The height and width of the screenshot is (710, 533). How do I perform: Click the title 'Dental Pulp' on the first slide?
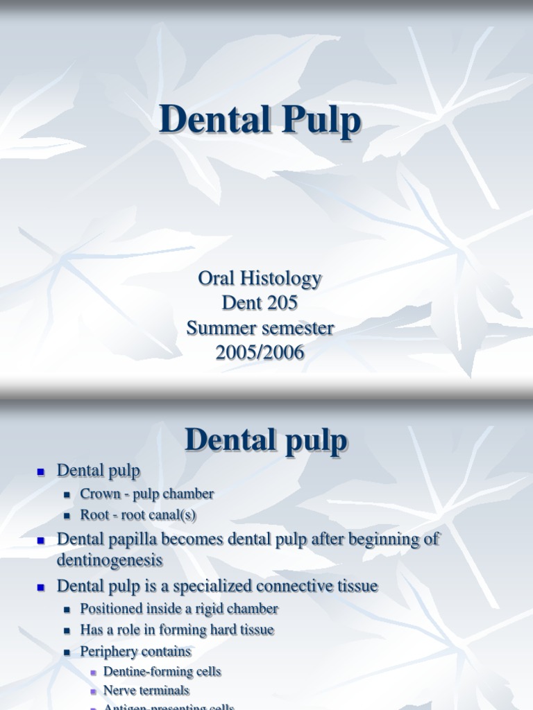tap(260, 121)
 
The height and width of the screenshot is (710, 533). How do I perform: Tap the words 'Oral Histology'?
tap(260, 278)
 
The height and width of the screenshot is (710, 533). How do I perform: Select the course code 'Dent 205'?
tap(260, 303)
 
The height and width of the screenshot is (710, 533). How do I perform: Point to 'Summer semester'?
tap(260, 327)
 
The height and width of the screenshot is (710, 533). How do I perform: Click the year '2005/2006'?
tap(260, 352)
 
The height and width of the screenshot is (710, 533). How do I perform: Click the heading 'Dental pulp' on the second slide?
tap(266, 441)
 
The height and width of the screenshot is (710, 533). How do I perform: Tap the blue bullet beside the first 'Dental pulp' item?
tap(40, 471)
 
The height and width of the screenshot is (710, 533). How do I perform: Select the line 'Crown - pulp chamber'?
tap(146, 494)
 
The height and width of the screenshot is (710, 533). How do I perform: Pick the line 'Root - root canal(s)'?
tap(139, 515)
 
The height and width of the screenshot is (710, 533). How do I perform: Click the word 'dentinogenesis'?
tap(110, 560)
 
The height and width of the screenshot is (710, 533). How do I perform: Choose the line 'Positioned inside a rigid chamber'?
tap(179, 609)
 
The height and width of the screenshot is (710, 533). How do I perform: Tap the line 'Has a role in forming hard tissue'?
tap(177, 630)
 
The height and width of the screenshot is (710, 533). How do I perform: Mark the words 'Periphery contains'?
tap(135, 652)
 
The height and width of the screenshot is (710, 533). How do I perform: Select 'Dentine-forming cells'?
tap(162, 671)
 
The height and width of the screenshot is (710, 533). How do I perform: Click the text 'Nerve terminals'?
tap(146, 691)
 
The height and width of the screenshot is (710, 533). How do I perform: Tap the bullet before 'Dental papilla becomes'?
tap(40, 540)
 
